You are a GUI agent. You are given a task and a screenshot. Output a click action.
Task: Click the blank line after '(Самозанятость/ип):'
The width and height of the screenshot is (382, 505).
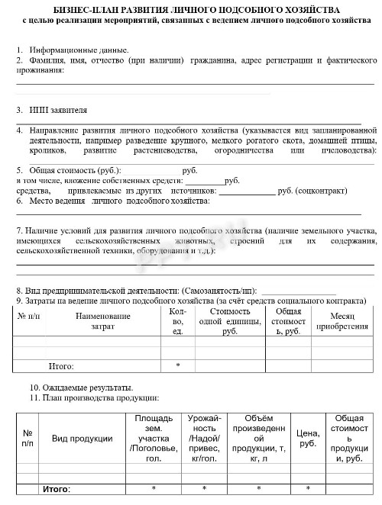pyautogui.click(x=298, y=292)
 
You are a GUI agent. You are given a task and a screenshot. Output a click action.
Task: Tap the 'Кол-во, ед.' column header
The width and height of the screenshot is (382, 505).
pyautogui.click(x=177, y=320)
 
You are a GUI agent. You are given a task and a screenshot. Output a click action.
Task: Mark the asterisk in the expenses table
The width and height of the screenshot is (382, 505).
pyautogui.click(x=177, y=365)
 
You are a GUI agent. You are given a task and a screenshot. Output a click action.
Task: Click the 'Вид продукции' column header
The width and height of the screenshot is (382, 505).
pyautogui.click(x=82, y=438)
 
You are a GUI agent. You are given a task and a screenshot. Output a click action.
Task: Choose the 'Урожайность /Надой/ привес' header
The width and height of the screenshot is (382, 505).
pyautogui.click(x=205, y=438)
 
